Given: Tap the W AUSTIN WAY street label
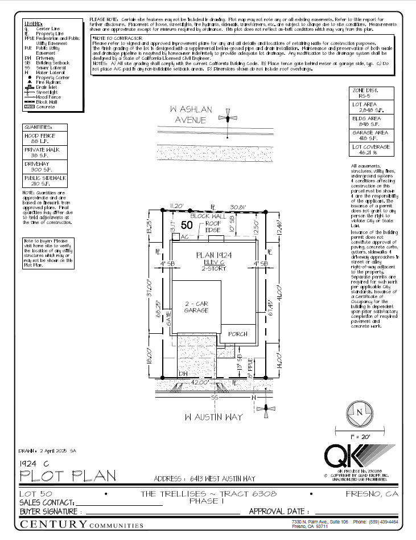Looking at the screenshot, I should point(213,417).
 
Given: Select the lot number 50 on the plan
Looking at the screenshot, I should point(187,226).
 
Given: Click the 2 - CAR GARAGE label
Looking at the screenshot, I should point(195,308).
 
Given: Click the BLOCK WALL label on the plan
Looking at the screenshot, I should point(208,217).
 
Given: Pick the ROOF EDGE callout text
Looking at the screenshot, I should point(213,227).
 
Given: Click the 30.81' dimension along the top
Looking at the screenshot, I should point(237,206).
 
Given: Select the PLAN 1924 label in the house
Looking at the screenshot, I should point(211,255).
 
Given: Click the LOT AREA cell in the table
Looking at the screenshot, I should point(370,108).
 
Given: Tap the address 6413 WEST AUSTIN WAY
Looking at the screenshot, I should point(205,478).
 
